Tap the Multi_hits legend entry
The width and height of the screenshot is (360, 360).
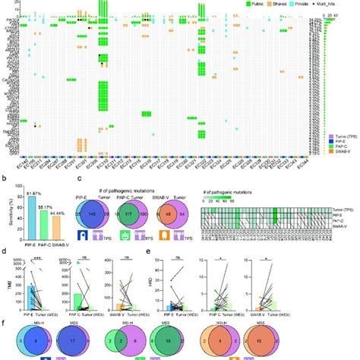333,5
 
